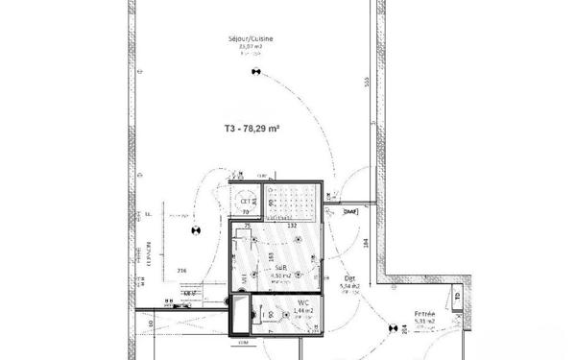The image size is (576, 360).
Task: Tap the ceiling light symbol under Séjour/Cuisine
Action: pyautogui.click(x=255, y=71)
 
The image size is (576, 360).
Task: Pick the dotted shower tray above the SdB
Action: pyautogui.click(x=292, y=200)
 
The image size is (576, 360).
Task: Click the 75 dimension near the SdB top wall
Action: pyautogui.click(x=247, y=226)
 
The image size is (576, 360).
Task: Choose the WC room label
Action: pyautogui.click(x=302, y=300)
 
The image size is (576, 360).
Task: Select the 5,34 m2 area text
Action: pyautogui.click(x=350, y=286)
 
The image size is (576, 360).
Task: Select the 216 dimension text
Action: pyautogui.click(x=181, y=272)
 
